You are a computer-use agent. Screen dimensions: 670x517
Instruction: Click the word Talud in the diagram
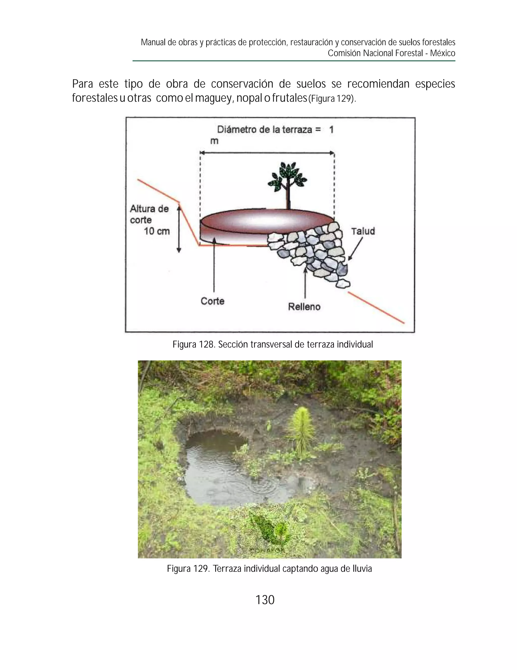pyautogui.click(x=363, y=231)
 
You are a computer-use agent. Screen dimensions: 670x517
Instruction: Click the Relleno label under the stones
pyautogui.click(x=304, y=307)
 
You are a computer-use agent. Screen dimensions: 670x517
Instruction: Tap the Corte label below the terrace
pyautogui.click(x=212, y=301)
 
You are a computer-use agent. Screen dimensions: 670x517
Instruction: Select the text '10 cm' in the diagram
pyautogui.click(x=157, y=231)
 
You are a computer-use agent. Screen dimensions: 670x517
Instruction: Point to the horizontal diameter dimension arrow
pyautogui.click(x=267, y=152)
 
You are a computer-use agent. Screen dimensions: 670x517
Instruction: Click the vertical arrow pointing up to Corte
pyautogui.click(x=214, y=267)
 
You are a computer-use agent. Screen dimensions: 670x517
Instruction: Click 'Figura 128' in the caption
pyautogui.click(x=193, y=344)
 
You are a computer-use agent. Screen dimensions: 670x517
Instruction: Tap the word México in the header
pyautogui.click(x=442, y=53)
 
